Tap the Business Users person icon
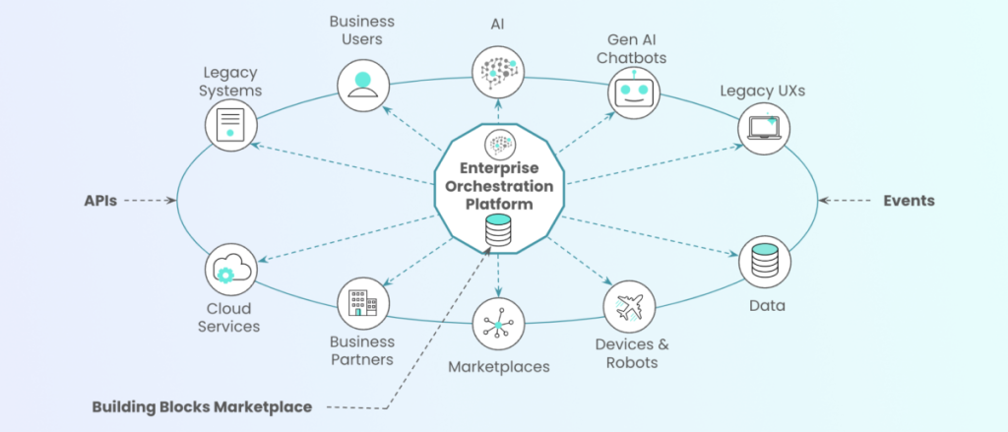pyautogui.click(x=363, y=85)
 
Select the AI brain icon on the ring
pyautogui.click(x=498, y=70)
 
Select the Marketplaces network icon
pyautogui.click(x=498, y=326)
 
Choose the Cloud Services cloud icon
pyautogui.click(x=231, y=268)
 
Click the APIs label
pyautogui.click(x=100, y=200)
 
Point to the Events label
pyautogui.click(x=909, y=200)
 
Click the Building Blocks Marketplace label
pyautogui.click(x=202, y=406)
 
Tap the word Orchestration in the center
pyautogui.click(x=498, y=187)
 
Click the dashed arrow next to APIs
pyautogui.click(x=151, y=200)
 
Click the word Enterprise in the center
pyautogui.click(x=498, y=169)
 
